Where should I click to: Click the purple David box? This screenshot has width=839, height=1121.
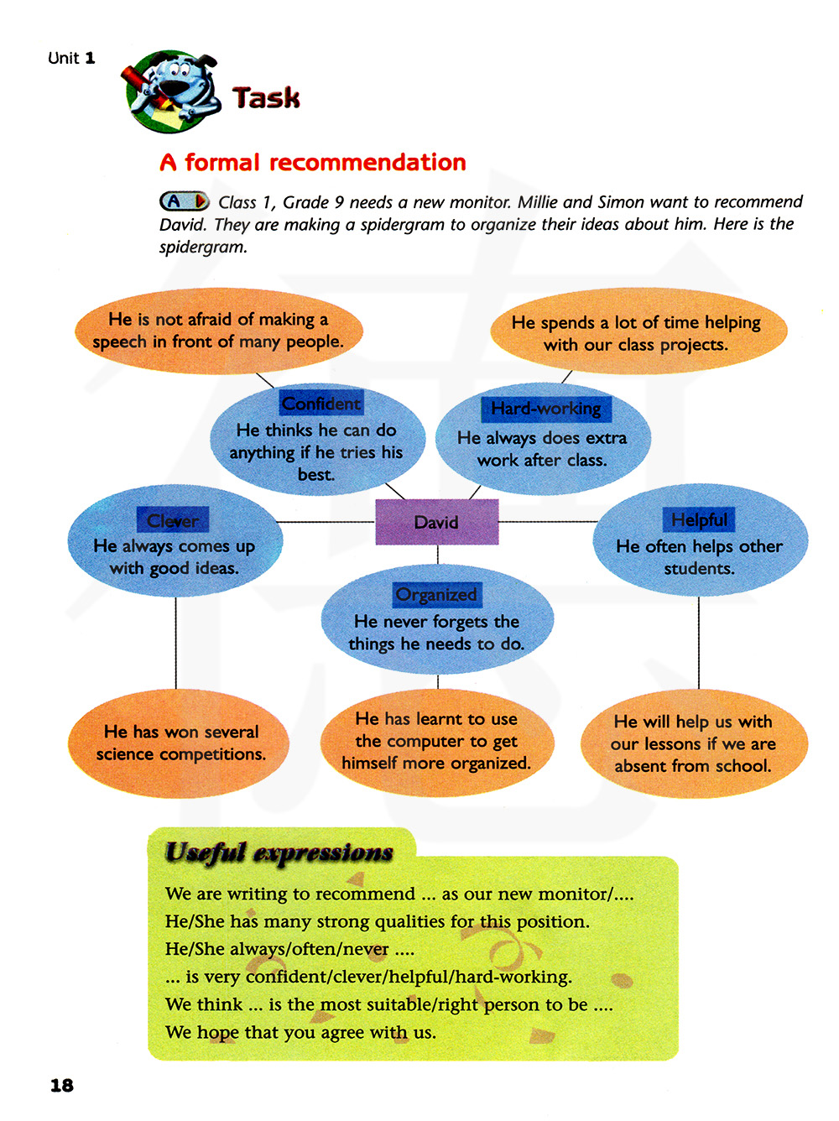436,522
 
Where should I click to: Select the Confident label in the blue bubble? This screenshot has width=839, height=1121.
320,404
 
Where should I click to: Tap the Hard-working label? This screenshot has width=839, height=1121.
546,409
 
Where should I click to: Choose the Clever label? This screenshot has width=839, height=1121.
173,520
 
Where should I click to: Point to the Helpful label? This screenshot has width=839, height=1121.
699,519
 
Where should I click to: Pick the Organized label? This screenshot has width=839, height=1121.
436,595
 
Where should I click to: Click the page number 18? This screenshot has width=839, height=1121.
62,1085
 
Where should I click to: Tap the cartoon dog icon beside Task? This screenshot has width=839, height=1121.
172,91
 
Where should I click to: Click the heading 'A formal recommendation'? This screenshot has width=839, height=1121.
313,162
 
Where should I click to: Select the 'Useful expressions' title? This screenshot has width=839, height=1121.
279,852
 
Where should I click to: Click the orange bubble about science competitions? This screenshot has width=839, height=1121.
180,743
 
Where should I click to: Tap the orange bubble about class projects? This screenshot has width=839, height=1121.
638,332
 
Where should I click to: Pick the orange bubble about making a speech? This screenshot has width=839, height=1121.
218,331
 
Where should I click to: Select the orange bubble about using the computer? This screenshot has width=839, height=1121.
436,742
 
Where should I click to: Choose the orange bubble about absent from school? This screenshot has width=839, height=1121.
693,743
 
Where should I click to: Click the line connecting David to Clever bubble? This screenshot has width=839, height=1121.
327,522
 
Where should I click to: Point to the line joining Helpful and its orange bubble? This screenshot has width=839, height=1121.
699,642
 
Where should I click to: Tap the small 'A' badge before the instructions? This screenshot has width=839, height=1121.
184,201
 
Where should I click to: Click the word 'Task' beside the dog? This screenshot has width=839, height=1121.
266,98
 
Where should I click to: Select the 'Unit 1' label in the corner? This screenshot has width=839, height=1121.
71,58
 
